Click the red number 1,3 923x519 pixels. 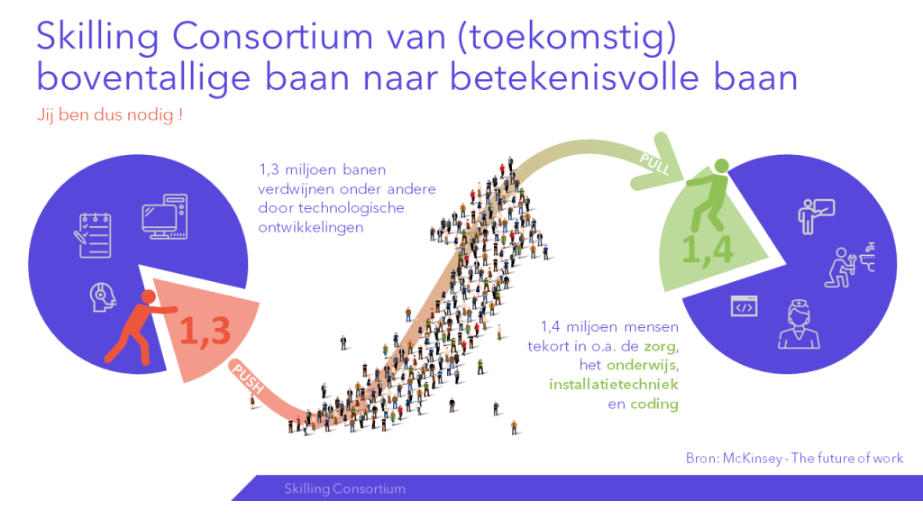[205, 331]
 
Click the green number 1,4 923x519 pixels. [707, 250]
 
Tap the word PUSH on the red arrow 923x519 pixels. [248, 379]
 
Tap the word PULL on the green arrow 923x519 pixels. [655, 164]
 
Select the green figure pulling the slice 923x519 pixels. [709, 195]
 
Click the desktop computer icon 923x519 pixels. [165, 216]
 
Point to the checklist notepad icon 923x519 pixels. [93, 235]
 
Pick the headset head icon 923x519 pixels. [103, 297]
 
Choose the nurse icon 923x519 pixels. [799, 324]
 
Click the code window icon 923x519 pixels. [744, 306]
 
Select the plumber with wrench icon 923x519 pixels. [850, 265]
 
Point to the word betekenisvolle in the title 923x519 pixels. [574, 78]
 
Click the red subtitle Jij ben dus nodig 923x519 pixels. [110, 114]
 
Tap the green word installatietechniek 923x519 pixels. [613, 384]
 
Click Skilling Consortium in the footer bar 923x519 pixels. [345, 488]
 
